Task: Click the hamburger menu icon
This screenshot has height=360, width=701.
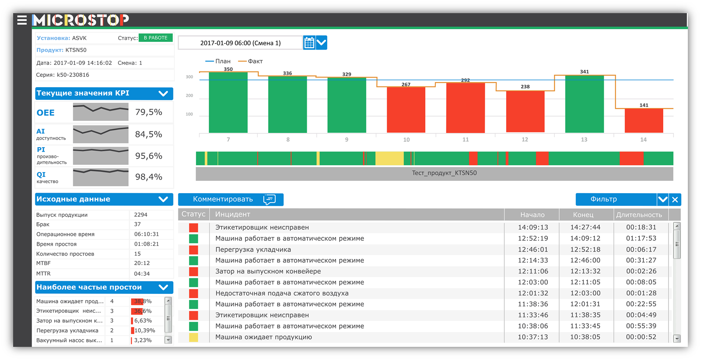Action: [22, 20]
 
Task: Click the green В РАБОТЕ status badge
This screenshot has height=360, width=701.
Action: [155, 38]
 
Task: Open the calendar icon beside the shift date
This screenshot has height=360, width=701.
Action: [309, 43]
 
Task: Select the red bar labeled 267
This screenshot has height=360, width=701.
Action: [406, 110]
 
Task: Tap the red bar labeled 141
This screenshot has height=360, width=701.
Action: [643, 120]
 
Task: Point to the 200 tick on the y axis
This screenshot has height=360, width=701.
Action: [189, 96]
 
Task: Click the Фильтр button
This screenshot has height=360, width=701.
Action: [616, 199]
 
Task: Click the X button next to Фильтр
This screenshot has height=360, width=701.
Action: [675, 200]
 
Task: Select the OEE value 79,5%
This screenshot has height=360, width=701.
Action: [149, 112]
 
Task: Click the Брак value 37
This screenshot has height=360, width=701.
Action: [138, 224]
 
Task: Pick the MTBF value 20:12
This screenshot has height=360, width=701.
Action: [142, 263]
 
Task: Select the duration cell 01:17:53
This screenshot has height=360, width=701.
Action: [641, 238]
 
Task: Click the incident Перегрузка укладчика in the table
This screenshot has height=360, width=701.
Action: [253, 249]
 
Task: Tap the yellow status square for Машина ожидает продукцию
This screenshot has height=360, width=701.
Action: [194, 337]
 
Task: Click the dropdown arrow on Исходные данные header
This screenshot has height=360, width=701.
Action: [163, 199]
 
